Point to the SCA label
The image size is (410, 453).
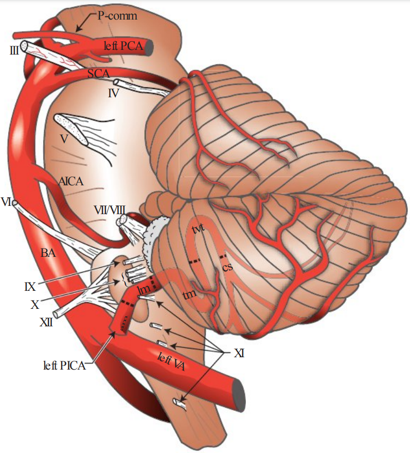tap(98, 74)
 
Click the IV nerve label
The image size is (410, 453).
tap(114, 94)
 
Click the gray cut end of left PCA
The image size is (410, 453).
tap(149, 48)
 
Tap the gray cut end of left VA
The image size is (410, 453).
tap(239, 387)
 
